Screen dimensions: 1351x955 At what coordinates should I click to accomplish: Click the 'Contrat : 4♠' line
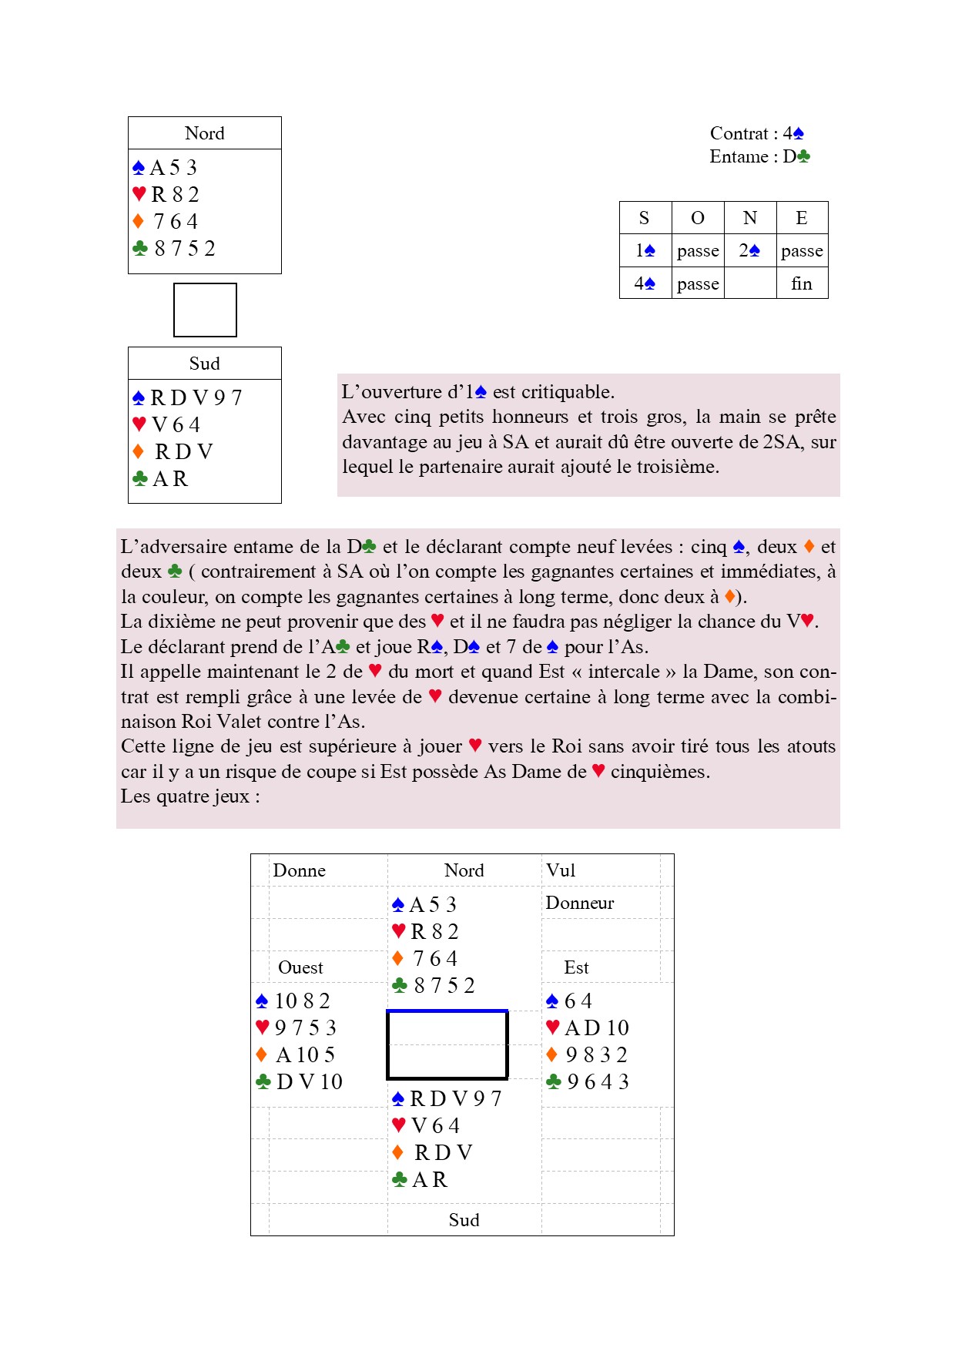coord(756,133)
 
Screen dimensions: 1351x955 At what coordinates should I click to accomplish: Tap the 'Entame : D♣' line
coord(759,156)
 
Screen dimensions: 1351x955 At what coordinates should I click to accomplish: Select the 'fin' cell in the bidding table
coord(802,283)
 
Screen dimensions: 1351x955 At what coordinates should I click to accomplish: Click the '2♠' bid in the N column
coord(749,250)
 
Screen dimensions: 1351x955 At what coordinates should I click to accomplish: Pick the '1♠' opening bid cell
coord(645,250)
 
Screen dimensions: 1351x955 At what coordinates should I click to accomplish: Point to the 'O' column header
coord(698,218)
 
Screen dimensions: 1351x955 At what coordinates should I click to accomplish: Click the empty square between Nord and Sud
coord(205,310)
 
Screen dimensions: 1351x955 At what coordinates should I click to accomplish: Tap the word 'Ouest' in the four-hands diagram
coord(300,967)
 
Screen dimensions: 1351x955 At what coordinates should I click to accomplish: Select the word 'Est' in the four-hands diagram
coord(576,967)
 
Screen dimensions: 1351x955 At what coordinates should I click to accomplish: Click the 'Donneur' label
coord(580,903)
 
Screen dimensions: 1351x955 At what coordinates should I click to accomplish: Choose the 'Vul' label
coord(561,870)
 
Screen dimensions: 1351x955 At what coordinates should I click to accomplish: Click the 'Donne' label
coord(299,870)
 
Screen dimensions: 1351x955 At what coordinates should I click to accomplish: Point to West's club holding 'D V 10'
coord(309,1081)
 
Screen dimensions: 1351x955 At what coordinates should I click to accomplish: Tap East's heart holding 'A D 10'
coord(596,1027)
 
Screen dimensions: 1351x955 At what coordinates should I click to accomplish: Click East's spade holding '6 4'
coord(578,1001)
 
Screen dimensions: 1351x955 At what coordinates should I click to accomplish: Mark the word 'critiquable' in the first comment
coord(568,392)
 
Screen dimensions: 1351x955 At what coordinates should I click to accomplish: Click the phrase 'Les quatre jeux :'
coord(190,796)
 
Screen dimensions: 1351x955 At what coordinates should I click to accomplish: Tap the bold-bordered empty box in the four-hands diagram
coord(447,1044)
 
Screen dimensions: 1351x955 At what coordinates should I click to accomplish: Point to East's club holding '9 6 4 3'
coord(598,1081)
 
